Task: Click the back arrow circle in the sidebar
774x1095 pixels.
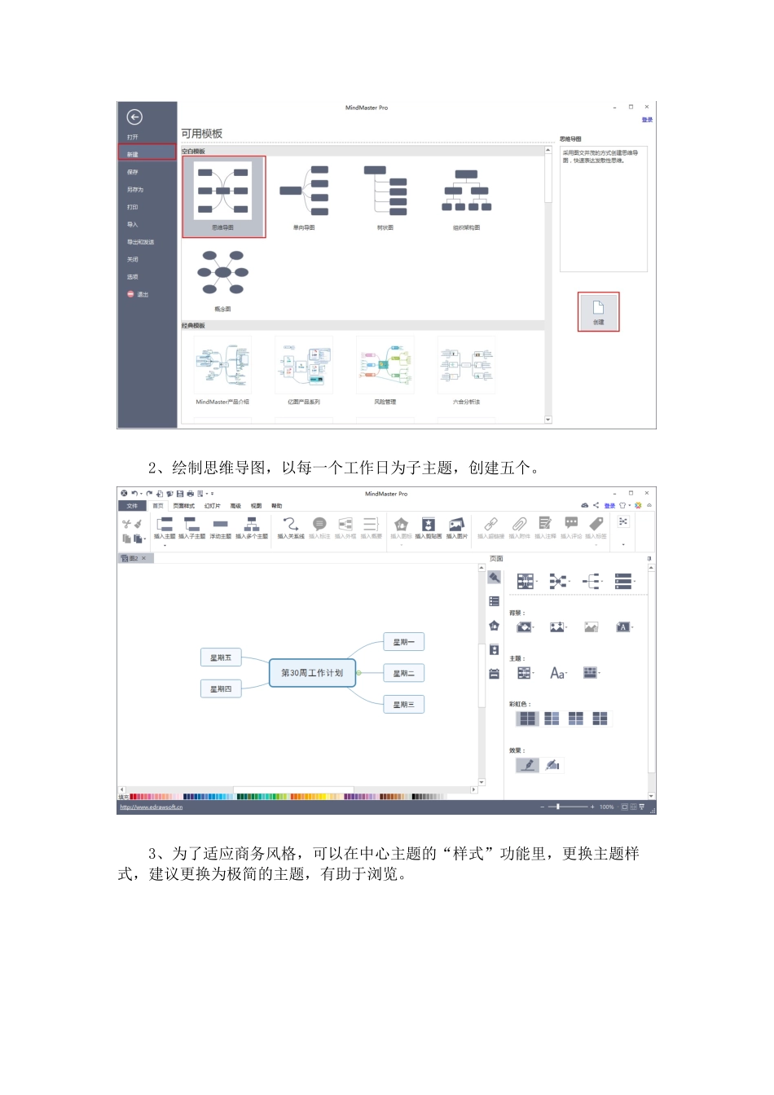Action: (134, 117)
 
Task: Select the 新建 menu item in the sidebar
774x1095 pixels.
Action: (147, 153)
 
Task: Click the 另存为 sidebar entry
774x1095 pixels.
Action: (135, 189)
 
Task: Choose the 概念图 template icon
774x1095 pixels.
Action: (222, 274)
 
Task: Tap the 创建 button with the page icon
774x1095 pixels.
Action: (598, 311)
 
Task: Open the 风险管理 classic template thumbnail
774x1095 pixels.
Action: (385, 366)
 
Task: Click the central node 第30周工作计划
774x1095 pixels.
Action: (312, 673)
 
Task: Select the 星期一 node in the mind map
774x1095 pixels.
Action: (403, 642)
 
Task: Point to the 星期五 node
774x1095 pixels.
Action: (221, 657)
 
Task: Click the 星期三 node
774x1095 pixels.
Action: (403, 705)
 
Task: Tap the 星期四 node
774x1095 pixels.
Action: (221, 689)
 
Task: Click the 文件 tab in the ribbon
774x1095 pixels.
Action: (132, 506)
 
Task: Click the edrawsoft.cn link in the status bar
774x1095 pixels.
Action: (152, 807)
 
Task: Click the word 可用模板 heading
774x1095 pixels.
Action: (201, 134)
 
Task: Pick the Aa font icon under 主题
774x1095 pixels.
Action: (557, 673)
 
